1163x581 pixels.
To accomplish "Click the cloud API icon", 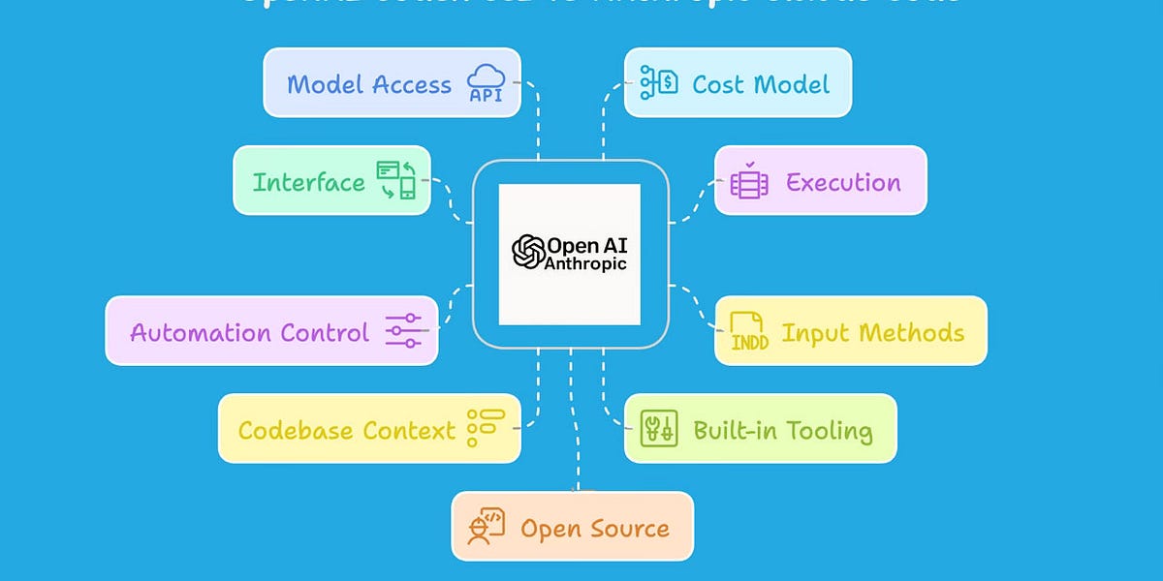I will pyautogui.click(x=487, y=84).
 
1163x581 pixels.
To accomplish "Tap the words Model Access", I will pyautogui.click(x=369, y=84).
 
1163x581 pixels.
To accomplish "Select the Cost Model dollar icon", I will pyautogui.click(x=658, y=83).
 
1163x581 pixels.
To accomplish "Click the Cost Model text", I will pyautogui.click(x=761, y=84).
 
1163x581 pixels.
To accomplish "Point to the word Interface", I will pyautogui.click(x=308, y=181).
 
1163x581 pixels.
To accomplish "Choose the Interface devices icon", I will pyautogui.click(x=397, y=180).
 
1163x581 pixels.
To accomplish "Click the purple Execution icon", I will pyautogui.click(x=749, y=181).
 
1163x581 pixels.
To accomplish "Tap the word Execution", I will pyautogui.click(x=843, y=182).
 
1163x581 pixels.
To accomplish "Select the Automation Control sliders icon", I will pyautogui.click(x=404, y=331).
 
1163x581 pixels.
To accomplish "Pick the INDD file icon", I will pyautogui.click(x=749, y=331).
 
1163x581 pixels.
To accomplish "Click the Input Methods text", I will pyautogui.click(x=872, y=333).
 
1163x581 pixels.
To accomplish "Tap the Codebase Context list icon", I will pyautogui.click(x=486, y=428).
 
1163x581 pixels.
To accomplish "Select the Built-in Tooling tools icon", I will pyautogui.click(x=658, y=428).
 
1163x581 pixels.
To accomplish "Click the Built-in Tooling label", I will pyautogui.click(x=782, y=430).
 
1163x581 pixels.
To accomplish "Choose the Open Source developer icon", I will pyautogui.click(x=486, y=526).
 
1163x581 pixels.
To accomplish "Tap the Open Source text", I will pyautogui.click(x=594, y=528).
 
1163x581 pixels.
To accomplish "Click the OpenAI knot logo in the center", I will pyautogui.click(x=529, y=252).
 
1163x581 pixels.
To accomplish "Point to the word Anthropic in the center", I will pyautogui.click(x=586, y=263).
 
